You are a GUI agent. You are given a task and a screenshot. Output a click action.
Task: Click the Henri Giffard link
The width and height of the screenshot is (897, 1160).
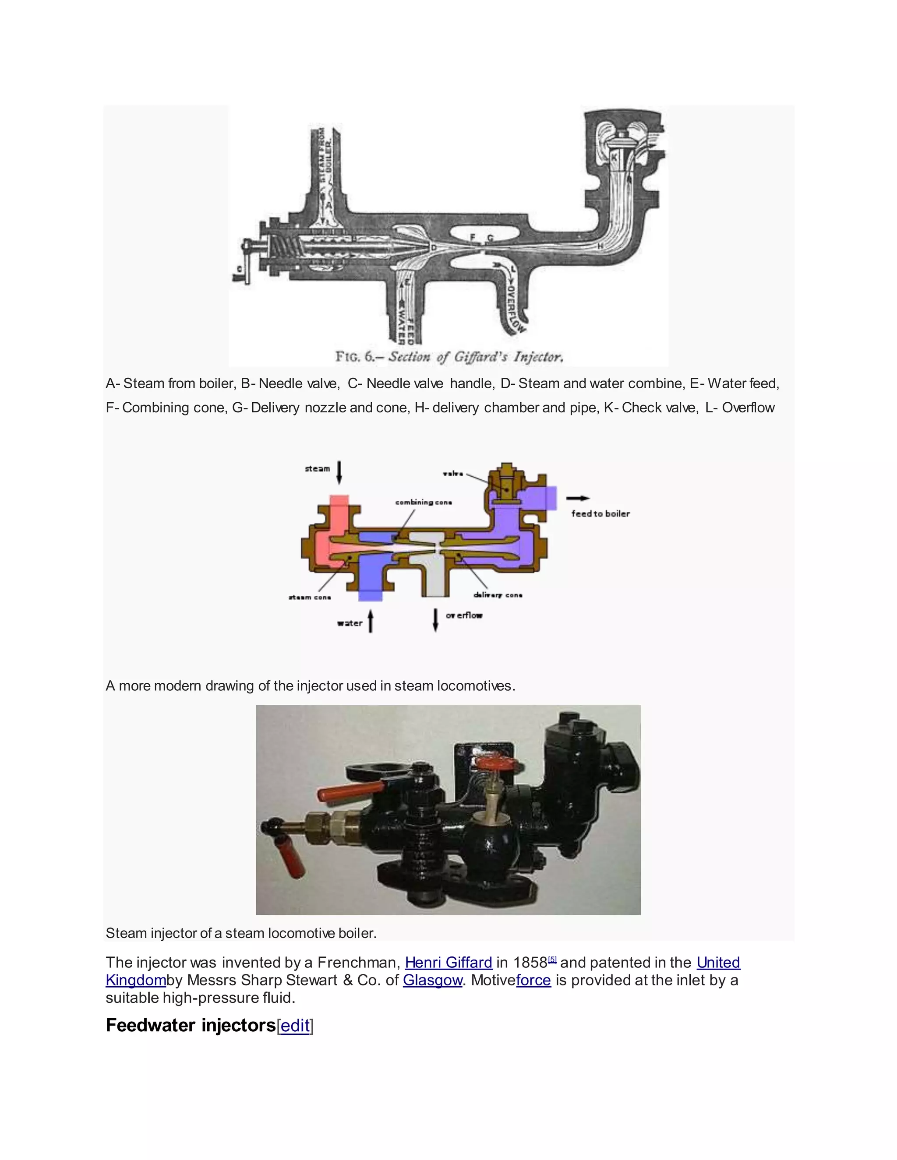(x=448, y=963)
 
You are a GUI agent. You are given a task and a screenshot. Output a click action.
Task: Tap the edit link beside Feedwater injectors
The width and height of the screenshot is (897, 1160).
(x=295, y=1026)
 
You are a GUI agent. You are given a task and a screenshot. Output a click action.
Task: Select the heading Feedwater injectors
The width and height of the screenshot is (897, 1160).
(x=190, y=1025)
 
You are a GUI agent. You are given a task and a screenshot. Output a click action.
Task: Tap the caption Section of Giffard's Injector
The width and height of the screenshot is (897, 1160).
(x=475, y=356)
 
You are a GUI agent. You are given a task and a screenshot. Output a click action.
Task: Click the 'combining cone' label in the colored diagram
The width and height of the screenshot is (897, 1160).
(x=423, y=502)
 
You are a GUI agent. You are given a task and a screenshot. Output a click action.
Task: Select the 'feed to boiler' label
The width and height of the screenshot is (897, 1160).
(x=600, y=513)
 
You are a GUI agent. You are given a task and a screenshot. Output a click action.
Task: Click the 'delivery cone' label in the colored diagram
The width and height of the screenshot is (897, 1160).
(x=498, y=595)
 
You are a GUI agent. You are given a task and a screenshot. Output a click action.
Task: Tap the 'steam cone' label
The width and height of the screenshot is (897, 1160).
(x=309, y=597)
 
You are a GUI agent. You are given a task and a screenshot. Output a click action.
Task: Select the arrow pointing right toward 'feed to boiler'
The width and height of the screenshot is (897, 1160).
(x=577, y=498)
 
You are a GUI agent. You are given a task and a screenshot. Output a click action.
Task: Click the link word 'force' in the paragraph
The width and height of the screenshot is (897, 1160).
(x=533, y=980)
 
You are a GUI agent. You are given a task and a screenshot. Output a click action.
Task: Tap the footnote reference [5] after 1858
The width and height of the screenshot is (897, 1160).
(x=552, y=959)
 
